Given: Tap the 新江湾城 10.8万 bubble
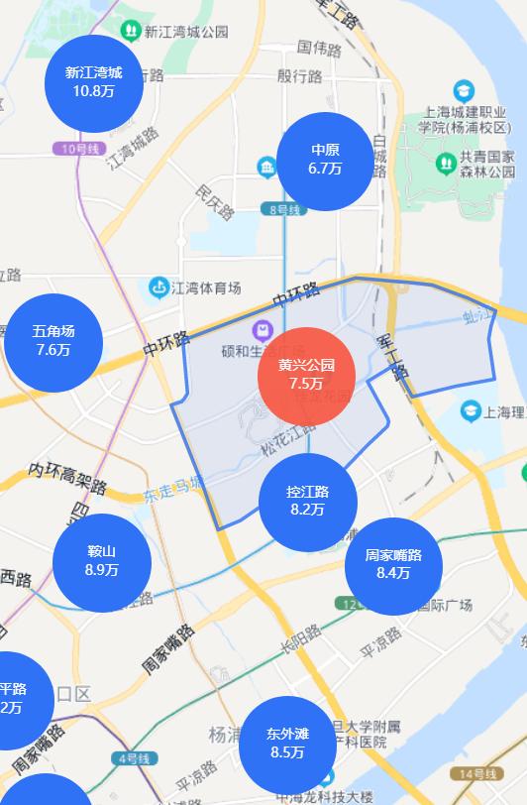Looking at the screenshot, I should click(x=94, y=82).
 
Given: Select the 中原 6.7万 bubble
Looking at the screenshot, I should click(x=325, y=160).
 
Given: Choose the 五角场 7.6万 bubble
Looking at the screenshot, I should click(x=53, y=341).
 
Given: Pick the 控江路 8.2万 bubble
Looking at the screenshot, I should click(x=307, y=502).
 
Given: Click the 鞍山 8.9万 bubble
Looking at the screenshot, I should click(x=102, y=561).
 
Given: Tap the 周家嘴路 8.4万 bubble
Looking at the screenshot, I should click(x=393, y=564).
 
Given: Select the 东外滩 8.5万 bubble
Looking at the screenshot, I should click(x=287, y=744).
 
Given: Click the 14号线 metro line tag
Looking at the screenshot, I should click(x=476, y=773).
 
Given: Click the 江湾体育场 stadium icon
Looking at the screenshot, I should click(x=158, y=288).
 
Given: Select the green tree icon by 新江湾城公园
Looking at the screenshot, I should click(x=129, y=31).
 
